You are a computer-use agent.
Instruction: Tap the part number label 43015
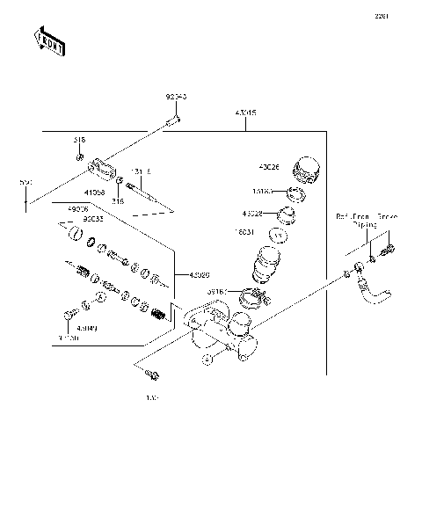coord(245,113)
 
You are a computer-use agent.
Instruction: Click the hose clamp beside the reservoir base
coord(250,296)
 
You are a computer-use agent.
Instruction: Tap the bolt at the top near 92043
coord(176,119)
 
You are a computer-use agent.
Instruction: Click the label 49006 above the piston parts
coord(78,208)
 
